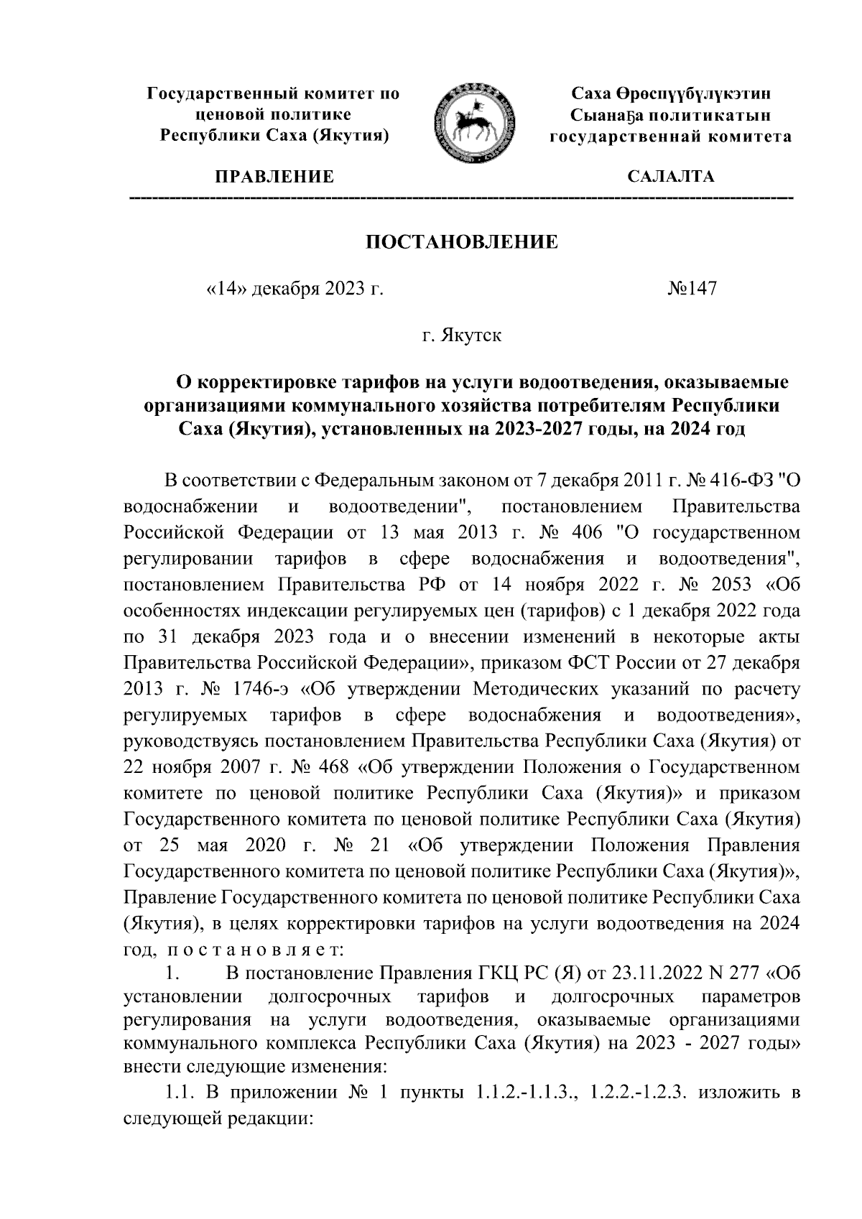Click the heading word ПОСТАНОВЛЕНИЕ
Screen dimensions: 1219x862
tap(462, 241)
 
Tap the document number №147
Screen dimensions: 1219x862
tap(692, 289)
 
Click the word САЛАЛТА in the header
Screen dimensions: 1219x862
tap(670, 177)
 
